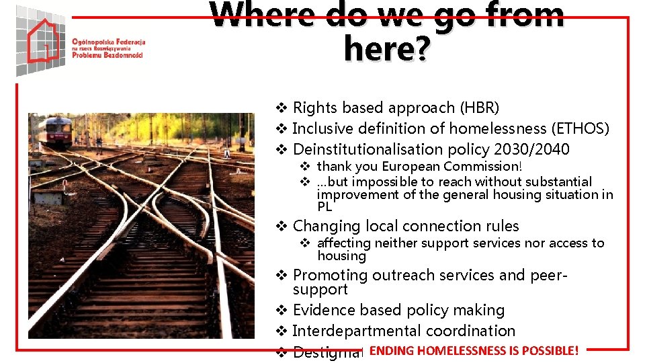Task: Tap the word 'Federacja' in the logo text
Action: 127,42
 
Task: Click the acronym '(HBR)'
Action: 479,108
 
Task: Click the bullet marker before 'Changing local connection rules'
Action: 283,227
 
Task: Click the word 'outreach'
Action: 400,275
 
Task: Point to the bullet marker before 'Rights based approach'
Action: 283,108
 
